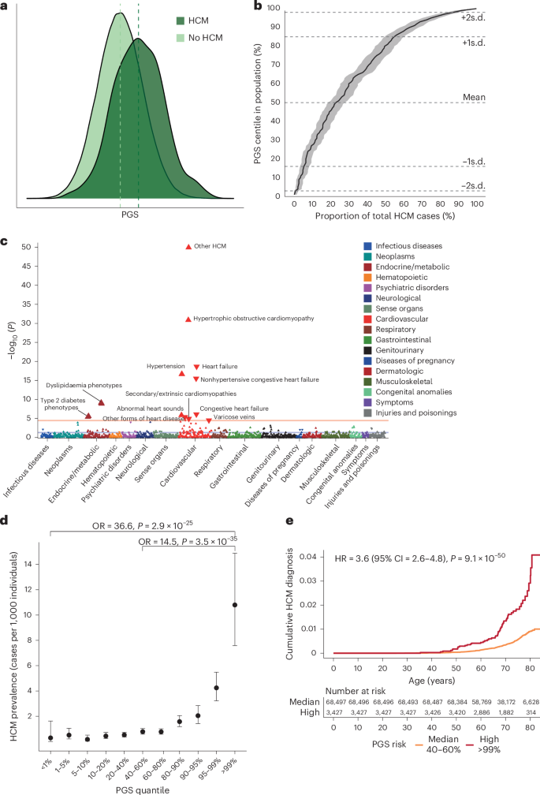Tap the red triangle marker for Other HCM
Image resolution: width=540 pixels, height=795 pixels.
pyautogui.click(x=188, y=247)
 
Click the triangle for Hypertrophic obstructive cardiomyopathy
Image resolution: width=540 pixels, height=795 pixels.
pyautogui.click(x=188, y=319)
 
